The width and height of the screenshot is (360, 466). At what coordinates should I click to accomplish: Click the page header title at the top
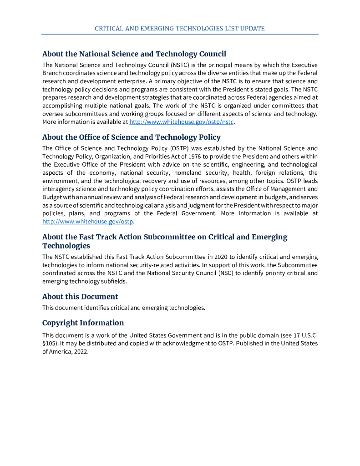click(180, 28)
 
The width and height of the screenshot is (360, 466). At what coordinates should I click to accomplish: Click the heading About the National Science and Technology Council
click(134, 54)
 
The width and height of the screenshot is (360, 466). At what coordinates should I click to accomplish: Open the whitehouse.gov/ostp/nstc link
click(182, 122)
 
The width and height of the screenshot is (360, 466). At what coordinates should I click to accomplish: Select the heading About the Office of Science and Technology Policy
click(132, 137)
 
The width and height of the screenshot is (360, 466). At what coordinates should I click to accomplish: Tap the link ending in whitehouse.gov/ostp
click(88, 222)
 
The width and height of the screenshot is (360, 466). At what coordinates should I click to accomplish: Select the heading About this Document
click(80, 297)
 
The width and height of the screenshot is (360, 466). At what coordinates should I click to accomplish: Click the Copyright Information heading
click(83, 323)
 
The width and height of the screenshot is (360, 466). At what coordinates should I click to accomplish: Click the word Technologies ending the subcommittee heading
click(66, 246)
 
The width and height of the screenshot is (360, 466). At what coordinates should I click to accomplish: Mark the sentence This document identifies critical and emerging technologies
click(124, 308)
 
